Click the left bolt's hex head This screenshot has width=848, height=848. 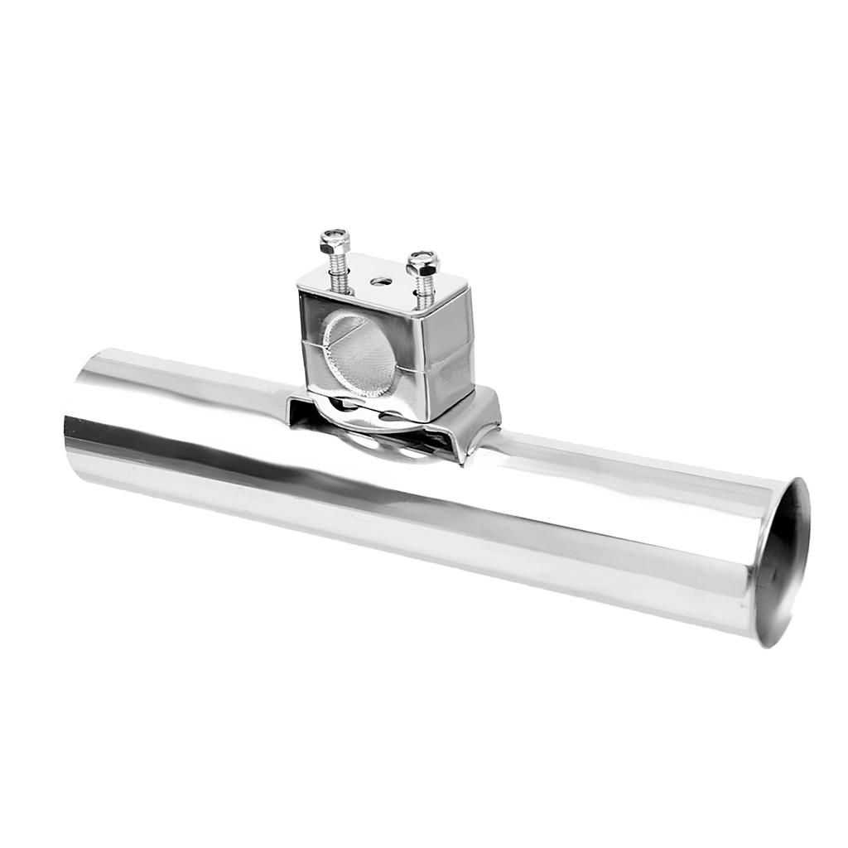pyautogui.click(x=335, y=242)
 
